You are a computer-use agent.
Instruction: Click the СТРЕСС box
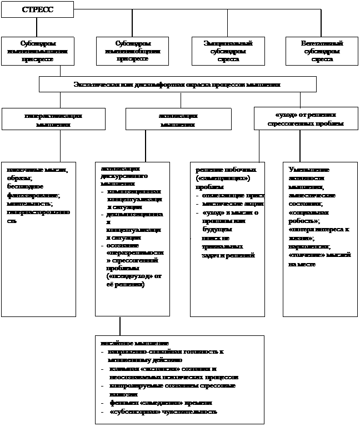[x=37, y=10]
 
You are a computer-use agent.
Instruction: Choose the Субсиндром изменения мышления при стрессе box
[x=38, y=51]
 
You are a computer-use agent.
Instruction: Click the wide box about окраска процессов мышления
[x=177, y=85]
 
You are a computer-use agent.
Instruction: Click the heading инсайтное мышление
[x=134, y=344]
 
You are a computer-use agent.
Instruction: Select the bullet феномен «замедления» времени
[x=161, y=402]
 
